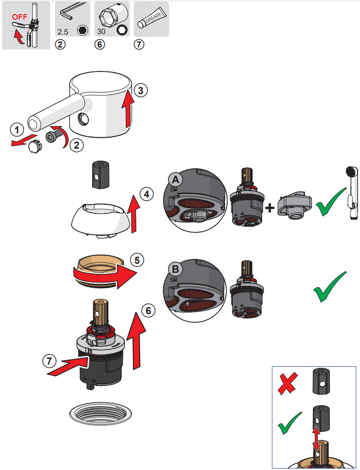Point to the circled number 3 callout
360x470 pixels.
pyautogui.click(x=138, y=90)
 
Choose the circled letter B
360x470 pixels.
pyautogui.click(x=175, y=269)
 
